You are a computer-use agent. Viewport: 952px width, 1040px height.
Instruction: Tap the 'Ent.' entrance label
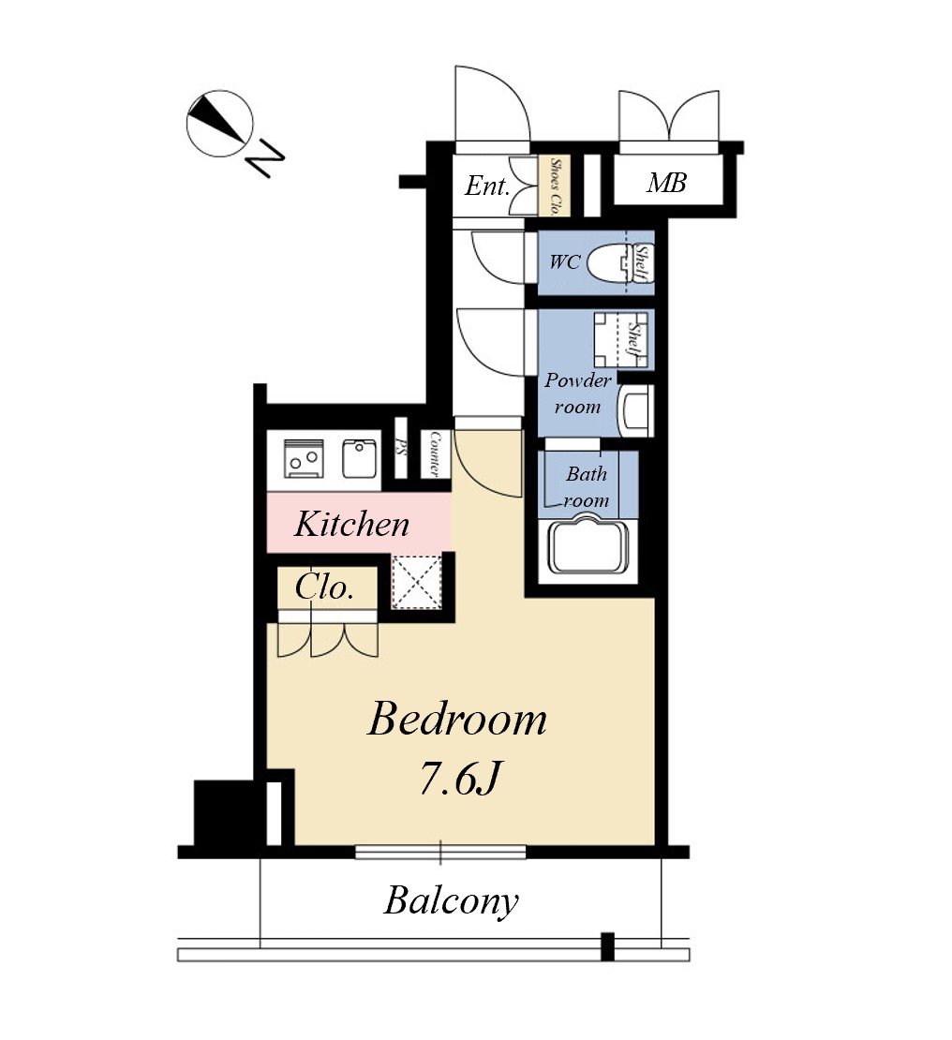click(x=487, y=186)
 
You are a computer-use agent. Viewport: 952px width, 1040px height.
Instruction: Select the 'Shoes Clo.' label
click(x=556, y=186)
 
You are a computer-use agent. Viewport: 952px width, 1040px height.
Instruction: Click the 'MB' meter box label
click(x=666, y=183)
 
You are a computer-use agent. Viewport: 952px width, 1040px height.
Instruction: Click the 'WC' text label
click(x=565, y=262)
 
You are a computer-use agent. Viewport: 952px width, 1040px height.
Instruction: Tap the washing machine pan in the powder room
click(x=620, y=339)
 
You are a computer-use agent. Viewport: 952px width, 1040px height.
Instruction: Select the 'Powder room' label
click(x=578, y=394)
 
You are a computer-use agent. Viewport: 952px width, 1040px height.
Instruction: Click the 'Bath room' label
click(x=586, y=487)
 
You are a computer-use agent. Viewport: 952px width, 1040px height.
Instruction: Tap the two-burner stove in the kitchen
click(x=304, y=457)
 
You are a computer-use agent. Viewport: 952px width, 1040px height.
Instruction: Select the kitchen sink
click(x=360, y=458)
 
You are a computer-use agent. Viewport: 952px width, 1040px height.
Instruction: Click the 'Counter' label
click(x=435, y=453)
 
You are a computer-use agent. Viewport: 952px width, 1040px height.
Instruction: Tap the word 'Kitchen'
click(x=351, y=524)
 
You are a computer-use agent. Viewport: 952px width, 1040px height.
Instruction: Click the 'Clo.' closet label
click(x=324, y=587)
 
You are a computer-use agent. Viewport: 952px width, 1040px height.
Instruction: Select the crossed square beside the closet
click(x=417, y=582)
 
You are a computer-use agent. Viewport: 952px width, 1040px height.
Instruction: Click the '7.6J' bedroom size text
click(x=458, y=778)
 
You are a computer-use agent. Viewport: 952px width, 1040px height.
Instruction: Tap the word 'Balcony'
click(x=451, y=900)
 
